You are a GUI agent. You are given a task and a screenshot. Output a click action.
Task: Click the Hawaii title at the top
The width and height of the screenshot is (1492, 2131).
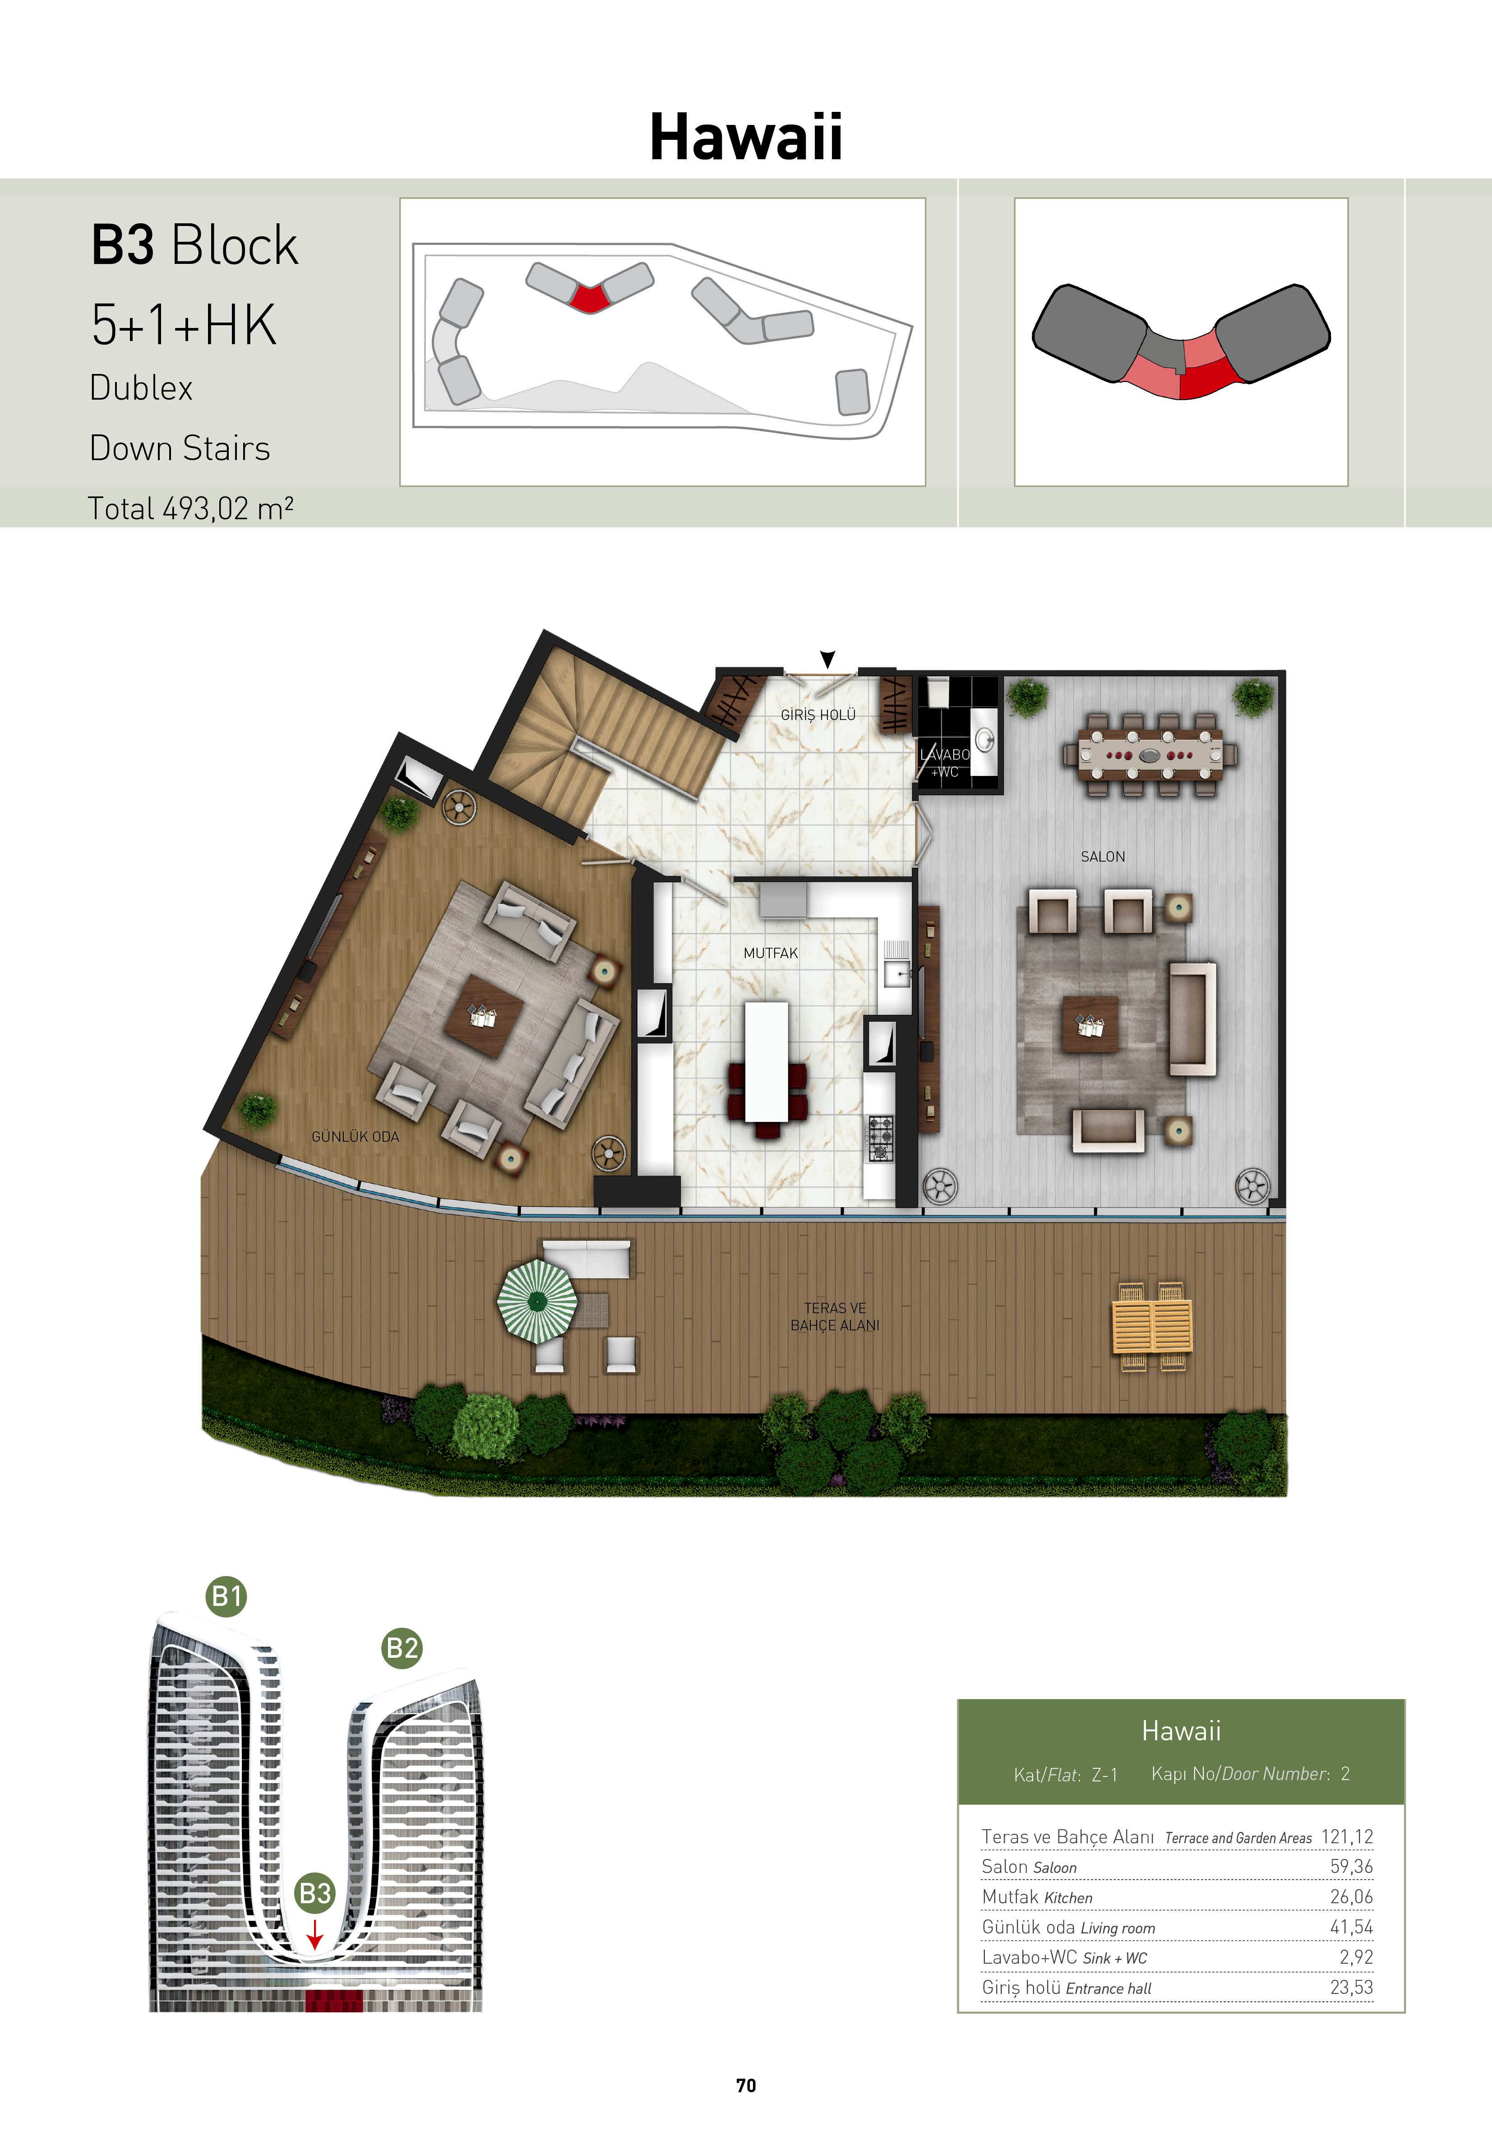pyautogui.click(x=745, y=138)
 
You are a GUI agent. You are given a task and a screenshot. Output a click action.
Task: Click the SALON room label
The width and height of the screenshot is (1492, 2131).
pyautogui.click(x=1102, y=857)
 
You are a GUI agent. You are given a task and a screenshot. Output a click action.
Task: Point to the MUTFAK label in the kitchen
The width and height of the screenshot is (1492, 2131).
pyautogui.click(x=771, y=953)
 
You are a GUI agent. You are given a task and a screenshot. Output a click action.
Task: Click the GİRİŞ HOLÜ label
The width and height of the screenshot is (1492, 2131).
pyautogui.click(x=818, y=715)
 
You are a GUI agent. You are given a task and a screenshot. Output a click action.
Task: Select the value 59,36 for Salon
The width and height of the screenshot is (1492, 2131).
pyautogui.click(x=1351, y=1867)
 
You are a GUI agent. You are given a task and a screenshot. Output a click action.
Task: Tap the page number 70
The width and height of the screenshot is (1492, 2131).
pyautogui.click(x=745, y=2085)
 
